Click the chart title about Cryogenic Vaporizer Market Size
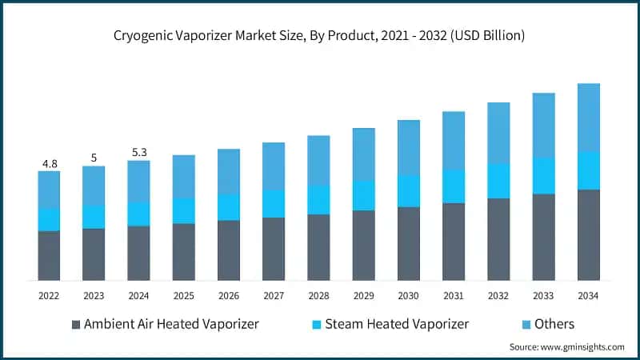320,36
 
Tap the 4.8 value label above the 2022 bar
49,164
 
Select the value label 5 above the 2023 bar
94,158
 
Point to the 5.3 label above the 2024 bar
138,153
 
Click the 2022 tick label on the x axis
49,296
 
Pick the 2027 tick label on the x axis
274,296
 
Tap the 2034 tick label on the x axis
589,296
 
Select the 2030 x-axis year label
409,296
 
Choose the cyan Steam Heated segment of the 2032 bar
499,181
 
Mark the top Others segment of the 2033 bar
544,125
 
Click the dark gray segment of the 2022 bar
49,255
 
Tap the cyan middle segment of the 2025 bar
184,210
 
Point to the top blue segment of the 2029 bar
364,154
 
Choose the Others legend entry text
555,324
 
